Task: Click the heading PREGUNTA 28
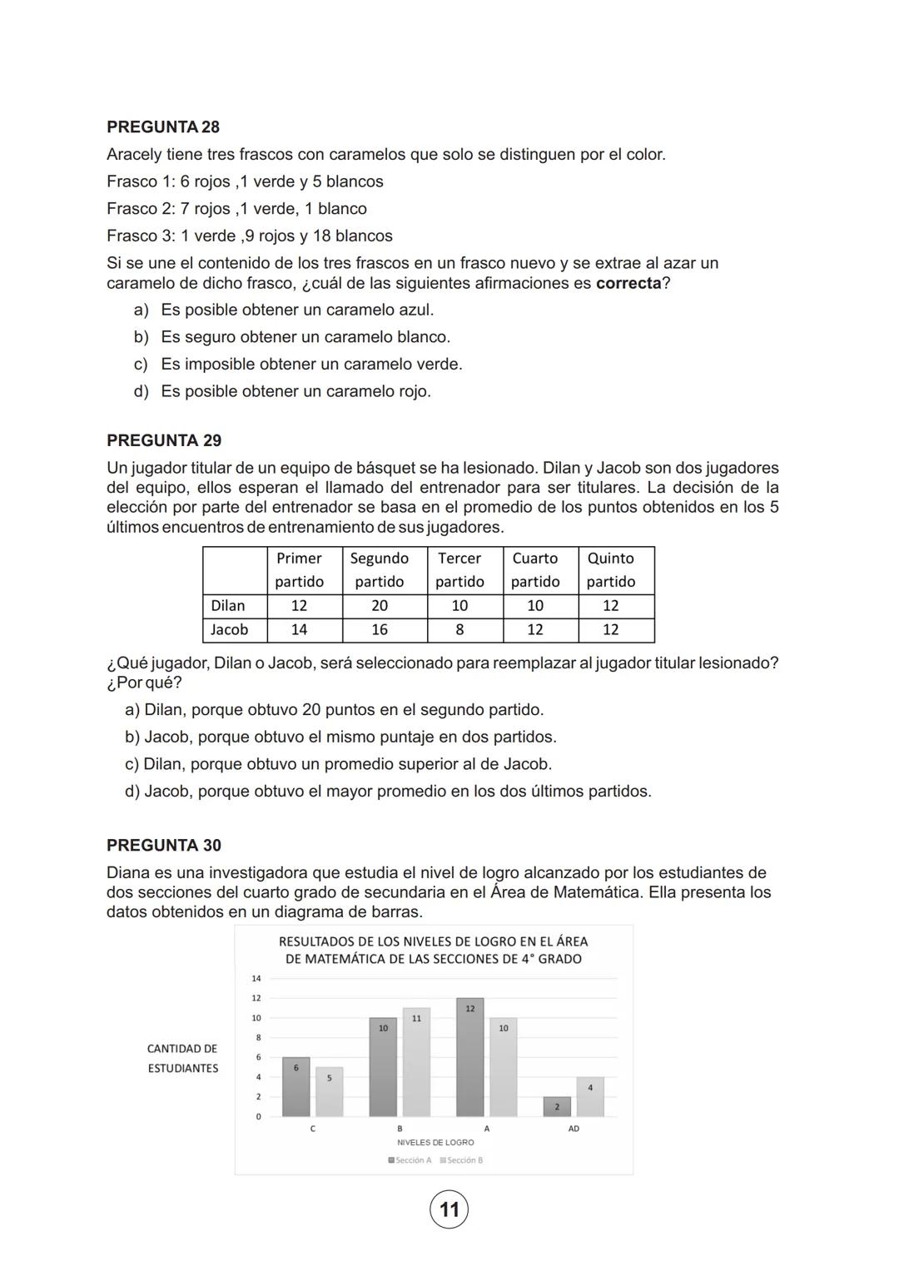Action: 163,127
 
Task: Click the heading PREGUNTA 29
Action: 164,440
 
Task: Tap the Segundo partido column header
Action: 380,569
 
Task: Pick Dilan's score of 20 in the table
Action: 380,606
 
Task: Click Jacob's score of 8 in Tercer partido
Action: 459,630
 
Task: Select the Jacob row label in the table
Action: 230,630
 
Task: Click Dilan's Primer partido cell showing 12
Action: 299,606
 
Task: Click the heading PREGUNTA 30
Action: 164,845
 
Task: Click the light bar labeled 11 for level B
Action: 416,1065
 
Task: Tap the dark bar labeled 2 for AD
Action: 557,1107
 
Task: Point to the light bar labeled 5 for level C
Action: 329,1092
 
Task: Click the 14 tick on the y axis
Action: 256,978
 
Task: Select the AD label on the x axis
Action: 574,1129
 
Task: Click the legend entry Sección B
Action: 462,1160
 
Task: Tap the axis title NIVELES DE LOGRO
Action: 435,1143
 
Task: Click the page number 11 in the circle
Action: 449,1209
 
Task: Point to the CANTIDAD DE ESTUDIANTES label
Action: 182,1059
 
